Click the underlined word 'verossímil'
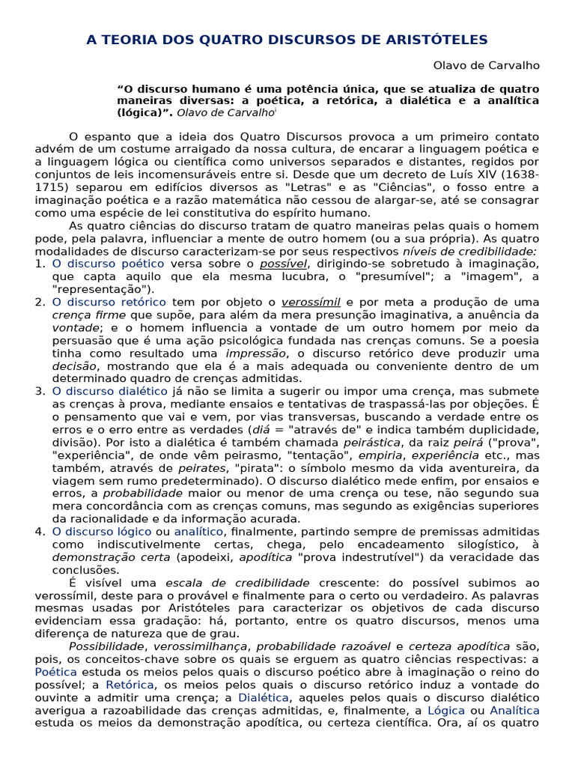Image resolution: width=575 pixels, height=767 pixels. tap(311, 302)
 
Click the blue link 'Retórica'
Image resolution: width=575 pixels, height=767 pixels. tap(130, 685)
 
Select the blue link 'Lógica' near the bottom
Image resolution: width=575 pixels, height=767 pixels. tap(447, 710)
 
